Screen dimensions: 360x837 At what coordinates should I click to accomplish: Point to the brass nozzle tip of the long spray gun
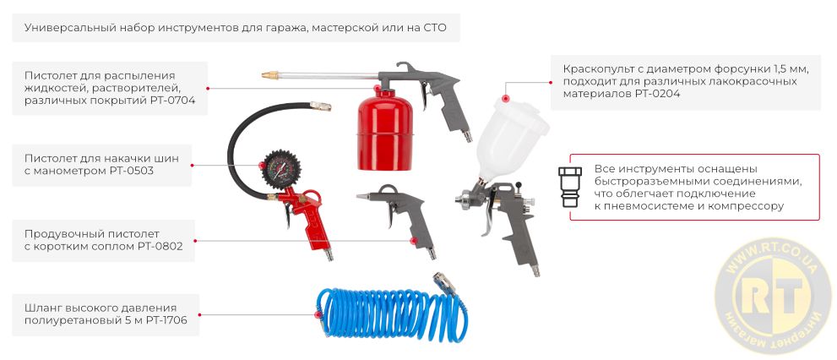(271, 76)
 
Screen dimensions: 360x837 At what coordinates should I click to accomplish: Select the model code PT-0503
(130, 172)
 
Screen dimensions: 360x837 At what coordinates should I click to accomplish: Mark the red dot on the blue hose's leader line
(318, 314)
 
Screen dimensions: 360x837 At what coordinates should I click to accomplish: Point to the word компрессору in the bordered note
(743, 206)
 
